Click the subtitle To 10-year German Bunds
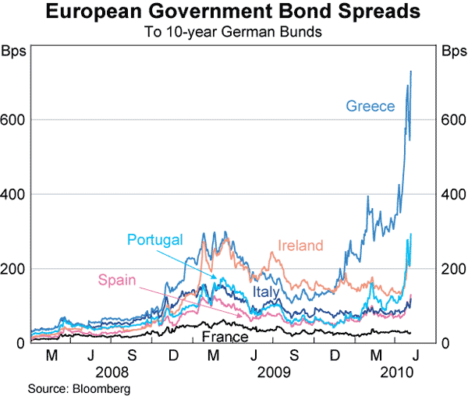[234, 33]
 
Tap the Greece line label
[370, 106]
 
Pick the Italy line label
[267, 292]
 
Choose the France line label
[225, 337]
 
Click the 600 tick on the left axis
[14, 119]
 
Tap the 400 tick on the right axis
[453, 194]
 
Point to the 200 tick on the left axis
[14, 269]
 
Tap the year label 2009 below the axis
[274, 373]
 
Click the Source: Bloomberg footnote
[78, 388]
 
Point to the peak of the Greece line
[411, 72]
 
